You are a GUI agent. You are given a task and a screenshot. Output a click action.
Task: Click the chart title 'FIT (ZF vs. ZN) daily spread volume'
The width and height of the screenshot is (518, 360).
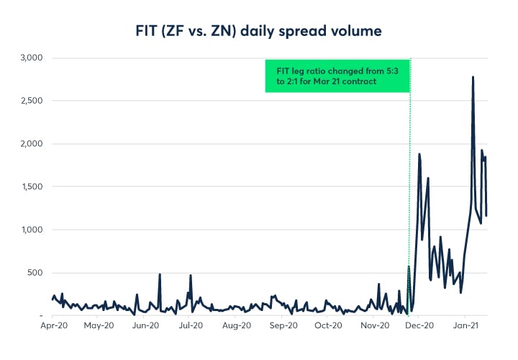tap(259, 31)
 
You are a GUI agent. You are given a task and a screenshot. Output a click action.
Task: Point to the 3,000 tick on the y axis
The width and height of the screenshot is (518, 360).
tap(31, 58)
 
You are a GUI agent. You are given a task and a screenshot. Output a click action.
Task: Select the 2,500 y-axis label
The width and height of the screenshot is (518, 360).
tap(31, 101)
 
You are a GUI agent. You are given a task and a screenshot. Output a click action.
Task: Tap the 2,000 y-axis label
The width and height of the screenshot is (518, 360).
tap(31, 144)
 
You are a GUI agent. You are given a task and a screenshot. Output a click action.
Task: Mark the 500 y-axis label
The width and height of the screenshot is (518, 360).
tap(36, 273)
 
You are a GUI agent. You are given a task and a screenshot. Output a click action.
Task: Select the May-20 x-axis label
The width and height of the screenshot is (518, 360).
tap(99, 326)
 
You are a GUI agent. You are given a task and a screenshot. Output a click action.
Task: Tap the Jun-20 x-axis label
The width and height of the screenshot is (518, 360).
tap(145, 326)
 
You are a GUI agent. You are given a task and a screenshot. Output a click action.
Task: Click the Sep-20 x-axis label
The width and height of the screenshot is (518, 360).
tap(283, 326)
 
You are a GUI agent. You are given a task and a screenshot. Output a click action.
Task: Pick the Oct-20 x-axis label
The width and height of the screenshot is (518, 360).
tap(328, 326)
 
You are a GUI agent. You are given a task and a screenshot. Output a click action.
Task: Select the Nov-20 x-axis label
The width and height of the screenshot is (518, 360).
tap(374, 326)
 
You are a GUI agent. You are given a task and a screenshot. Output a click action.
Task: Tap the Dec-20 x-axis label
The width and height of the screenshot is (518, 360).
tap(420, 326)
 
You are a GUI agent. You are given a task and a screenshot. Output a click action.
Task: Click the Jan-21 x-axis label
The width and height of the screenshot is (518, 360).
tap(465, 326)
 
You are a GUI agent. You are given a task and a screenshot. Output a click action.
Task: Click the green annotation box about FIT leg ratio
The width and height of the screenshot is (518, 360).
tap(337, 76)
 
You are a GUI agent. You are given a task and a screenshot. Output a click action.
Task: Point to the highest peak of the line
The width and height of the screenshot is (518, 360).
tap(473, 77)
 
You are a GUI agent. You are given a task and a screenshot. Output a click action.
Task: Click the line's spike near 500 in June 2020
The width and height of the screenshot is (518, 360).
tap(160, 274)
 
